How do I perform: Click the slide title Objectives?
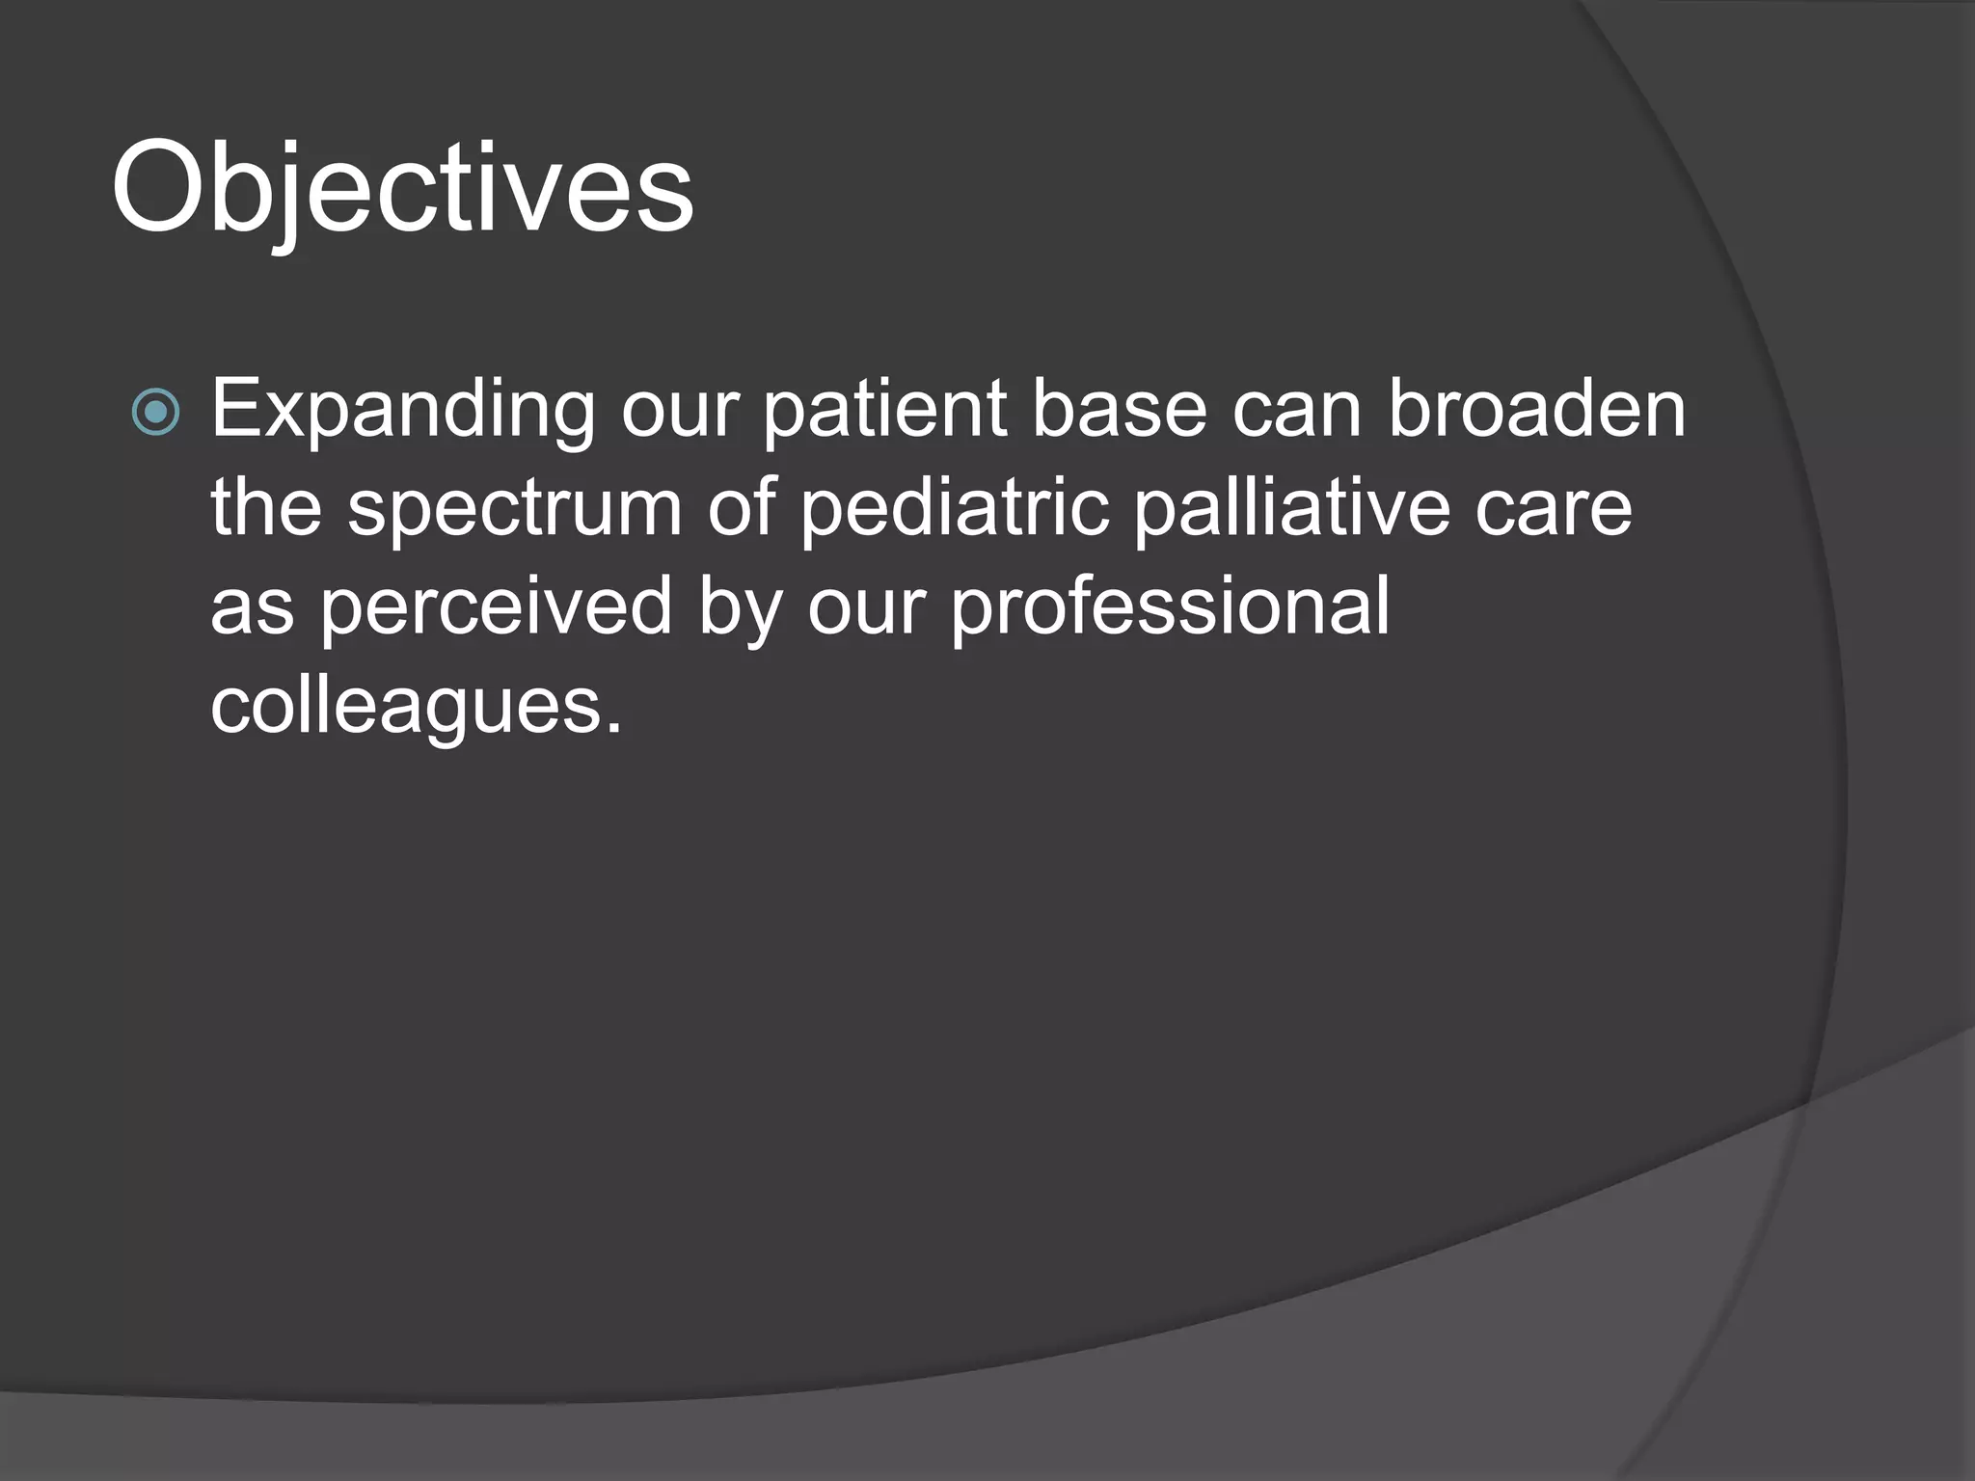click(x=402, y=188)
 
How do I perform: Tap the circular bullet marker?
click(x=155, y=412)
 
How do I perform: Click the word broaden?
click(x=1537, y=410)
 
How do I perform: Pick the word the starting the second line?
click(x=266, y=508)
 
